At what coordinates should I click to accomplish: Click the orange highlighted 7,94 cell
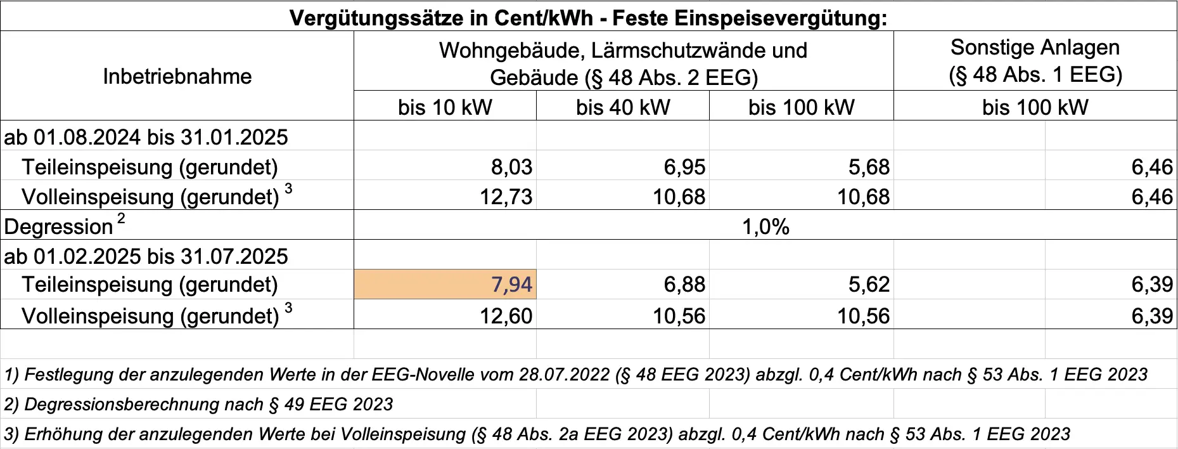tap(445, 284)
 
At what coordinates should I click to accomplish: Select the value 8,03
tap(511, 167)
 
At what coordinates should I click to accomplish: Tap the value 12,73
tap(506, 197)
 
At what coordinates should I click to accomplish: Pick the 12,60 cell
tap(506, 315)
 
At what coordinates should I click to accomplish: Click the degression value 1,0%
tap(765, 226)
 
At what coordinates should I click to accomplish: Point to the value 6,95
tap(684, 167)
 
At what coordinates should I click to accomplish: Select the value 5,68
tap(869, 167)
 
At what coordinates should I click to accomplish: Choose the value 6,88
tap(684, 284)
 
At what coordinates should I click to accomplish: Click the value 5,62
tap(869, 284)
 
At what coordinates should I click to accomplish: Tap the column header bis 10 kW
tap(445, 107)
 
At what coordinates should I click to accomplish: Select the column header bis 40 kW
tap(623, 107)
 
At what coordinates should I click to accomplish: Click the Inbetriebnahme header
tap(177, 76)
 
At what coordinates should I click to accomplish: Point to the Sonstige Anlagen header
tap(1035, 48)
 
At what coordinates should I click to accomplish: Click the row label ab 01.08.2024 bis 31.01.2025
tap(146, 137)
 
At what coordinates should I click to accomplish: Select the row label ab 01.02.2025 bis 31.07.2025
tap(146, 256)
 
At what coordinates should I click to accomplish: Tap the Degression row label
tap(58, 226)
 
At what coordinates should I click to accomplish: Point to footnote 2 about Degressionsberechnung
tap(198, 404)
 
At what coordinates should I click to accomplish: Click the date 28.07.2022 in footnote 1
tap(564, 374)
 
